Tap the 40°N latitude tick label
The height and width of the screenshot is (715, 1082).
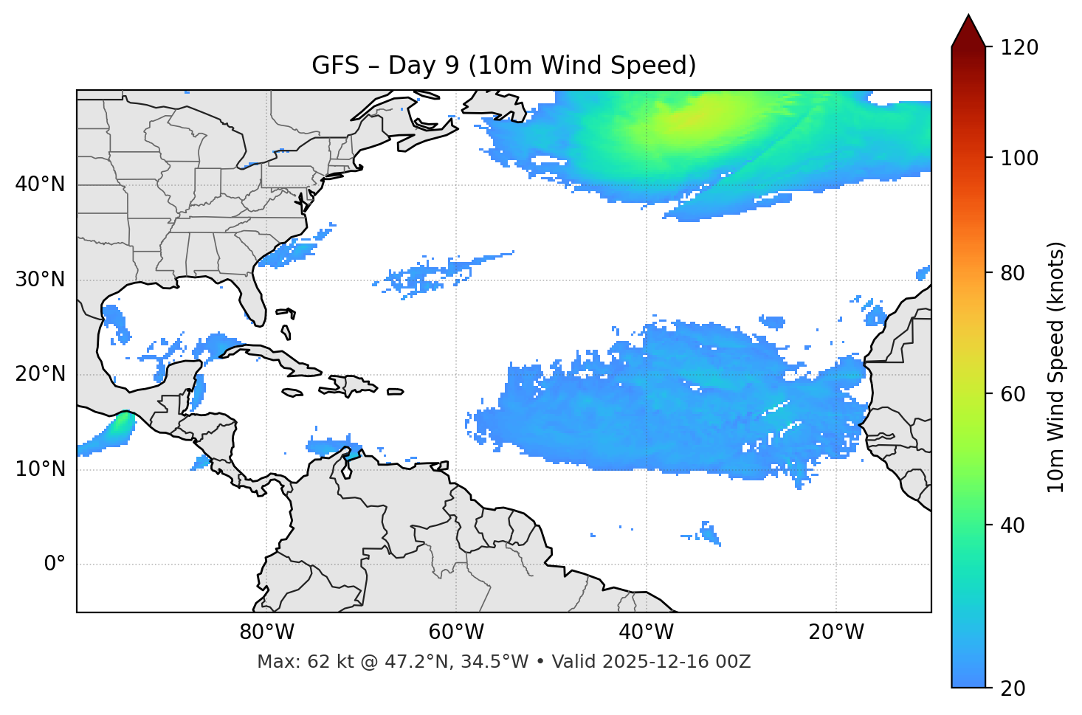(40, 184)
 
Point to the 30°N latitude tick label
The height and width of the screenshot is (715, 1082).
(40, 280)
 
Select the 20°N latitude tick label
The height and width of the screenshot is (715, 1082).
(40, 374)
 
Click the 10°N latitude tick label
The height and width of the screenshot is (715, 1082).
(40, 469)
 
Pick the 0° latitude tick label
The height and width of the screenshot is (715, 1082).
(55, 564)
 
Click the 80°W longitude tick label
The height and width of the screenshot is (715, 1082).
(266, 632)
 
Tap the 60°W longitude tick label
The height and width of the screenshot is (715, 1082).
(456, 632)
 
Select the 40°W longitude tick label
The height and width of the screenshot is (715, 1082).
(646, 632)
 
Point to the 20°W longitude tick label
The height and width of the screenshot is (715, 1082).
(836, 632)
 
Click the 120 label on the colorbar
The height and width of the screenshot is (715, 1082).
(1019, 48)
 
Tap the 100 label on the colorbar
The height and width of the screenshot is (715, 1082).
(1019, 158)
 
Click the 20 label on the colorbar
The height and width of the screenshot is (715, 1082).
(1013, 688)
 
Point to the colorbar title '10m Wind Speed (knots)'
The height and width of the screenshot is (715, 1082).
(1056, 367)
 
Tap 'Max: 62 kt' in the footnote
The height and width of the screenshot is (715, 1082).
(294, 662)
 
